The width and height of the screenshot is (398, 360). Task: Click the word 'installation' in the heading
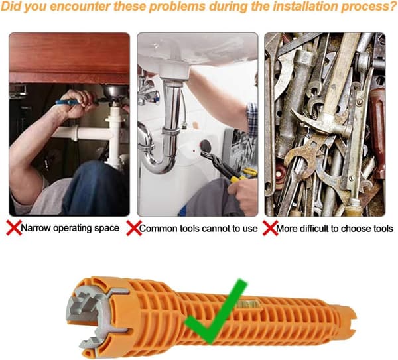pyautogui.click(x=295, y=7)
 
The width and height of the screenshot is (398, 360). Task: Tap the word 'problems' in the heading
pyautogui.click(x=176, y=7)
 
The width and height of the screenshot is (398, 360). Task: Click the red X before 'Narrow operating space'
pyautogui.click(x=14, y=227)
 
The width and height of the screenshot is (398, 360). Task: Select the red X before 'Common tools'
pyautogui.click(x=134, y=228)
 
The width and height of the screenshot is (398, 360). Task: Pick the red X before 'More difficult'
pyautogui.click(x=270, y=228)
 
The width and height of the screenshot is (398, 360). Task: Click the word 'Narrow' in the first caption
pyautogui.click(x=36, y=228)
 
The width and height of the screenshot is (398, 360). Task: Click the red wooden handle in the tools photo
pyautogui.click(x=377, y=132)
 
